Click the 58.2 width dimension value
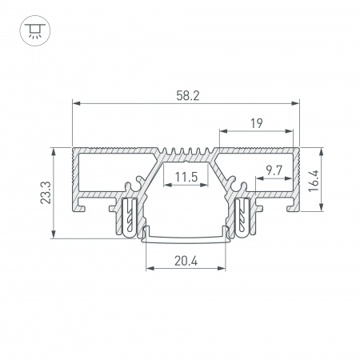[188, 96]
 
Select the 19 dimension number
[257, 123]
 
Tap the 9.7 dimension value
[274, 170]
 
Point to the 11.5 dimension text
[186, 177]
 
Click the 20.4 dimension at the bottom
[186, 261]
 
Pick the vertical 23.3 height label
[46, 193]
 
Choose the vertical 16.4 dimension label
[314, 181]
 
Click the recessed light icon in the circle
[35, 30]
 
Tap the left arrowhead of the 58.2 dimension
[76, 103]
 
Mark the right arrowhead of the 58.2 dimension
[295, 103]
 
